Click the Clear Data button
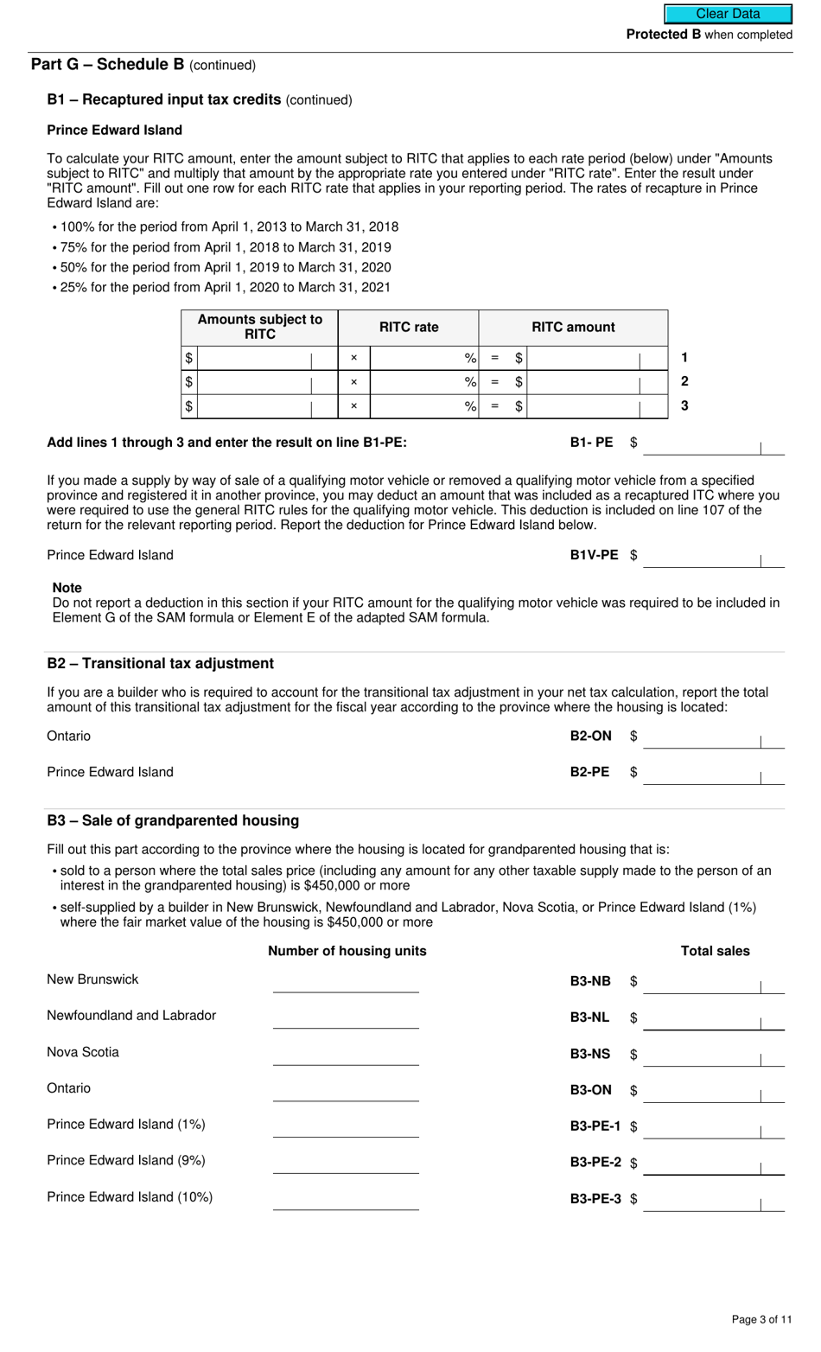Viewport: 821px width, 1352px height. (x=728, y=14)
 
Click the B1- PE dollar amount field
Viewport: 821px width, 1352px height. (x=713, y=443)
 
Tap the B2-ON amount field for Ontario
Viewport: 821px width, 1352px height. (x=713, y=737)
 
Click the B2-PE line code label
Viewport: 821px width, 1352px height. (x=589, y=772)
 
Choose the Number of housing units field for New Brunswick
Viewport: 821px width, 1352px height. (x=346, y=982)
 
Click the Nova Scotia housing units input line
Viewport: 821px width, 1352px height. (x=346, y=1055)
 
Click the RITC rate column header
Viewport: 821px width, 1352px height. (x=409, y=328)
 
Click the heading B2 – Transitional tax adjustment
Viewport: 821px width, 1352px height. (x=160, y=664)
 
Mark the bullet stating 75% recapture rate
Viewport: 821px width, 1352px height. (x=225, y=247)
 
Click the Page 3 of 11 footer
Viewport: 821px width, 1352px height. (x=761, y=1319)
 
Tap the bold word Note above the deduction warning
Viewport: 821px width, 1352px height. (x=67, y=588)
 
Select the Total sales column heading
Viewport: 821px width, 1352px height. (x=715, y=951)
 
